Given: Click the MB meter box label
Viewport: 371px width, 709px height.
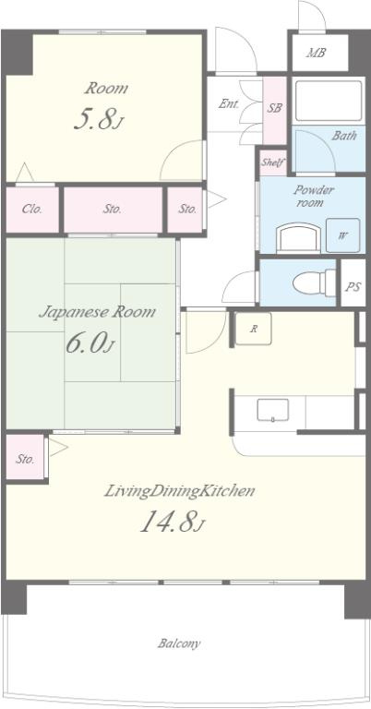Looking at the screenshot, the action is (317, 53).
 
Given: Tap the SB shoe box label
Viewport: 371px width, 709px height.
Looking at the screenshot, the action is (275, 108).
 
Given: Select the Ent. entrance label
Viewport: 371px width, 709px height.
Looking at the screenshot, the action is (229, 103).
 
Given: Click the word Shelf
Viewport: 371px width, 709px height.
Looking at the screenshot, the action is (272, 162).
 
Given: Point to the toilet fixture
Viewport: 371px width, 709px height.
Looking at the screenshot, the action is (315, 283).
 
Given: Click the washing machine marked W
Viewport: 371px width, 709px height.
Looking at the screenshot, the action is (343, 235).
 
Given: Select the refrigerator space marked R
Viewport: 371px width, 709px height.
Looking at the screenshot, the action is (253, 329).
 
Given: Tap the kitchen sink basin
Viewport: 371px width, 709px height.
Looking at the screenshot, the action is (273, 410).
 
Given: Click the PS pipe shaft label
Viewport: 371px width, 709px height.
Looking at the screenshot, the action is (353, 286).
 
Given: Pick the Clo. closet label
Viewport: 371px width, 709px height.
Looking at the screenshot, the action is (32, 209).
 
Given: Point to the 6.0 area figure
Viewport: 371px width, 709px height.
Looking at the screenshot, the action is (90, 342).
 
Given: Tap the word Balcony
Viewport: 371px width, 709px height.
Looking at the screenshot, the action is (179, 643).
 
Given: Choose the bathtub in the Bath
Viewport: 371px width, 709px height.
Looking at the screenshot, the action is (329, 101).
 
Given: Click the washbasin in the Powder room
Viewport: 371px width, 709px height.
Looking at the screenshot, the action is (298, 238).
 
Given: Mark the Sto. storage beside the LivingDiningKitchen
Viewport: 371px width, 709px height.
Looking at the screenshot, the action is (25, 459).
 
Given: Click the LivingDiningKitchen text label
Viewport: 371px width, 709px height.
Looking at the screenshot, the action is (180, 491).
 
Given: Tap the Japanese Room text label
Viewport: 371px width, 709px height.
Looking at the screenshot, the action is (97, 311).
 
